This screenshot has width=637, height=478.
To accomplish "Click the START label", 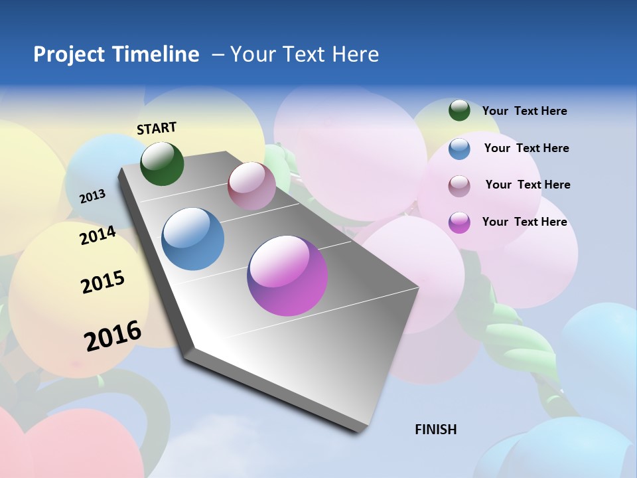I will [x=157, y=128].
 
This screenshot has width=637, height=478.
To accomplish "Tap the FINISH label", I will [x=435, y=430].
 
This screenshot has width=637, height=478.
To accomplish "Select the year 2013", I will [x=92, y=196].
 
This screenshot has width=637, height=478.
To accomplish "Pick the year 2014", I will [x=98, y=235].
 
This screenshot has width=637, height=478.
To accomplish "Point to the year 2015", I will [x=103, y=282].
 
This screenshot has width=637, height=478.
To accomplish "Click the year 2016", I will [x=113, y=336].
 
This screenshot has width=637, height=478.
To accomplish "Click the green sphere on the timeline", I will [x=162, y=163].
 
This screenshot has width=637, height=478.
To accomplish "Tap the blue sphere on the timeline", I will [x=192, y=239].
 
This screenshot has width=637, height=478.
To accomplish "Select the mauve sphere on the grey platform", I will [x=251, y=186].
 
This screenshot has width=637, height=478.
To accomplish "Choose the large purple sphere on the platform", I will [x=287, y=276].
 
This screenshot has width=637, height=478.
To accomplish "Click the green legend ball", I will [x=459, y=110].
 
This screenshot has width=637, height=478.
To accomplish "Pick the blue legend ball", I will [x=459, y=149].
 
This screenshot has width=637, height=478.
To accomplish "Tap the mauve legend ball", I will [x=459, y=186].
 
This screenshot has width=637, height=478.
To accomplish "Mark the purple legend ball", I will [x=459, y=222].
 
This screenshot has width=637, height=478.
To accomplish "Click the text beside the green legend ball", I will [x=524, y=111].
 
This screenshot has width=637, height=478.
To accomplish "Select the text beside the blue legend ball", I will [x=526, y=148].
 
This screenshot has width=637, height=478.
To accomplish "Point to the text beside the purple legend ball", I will [x=524, y=222].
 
